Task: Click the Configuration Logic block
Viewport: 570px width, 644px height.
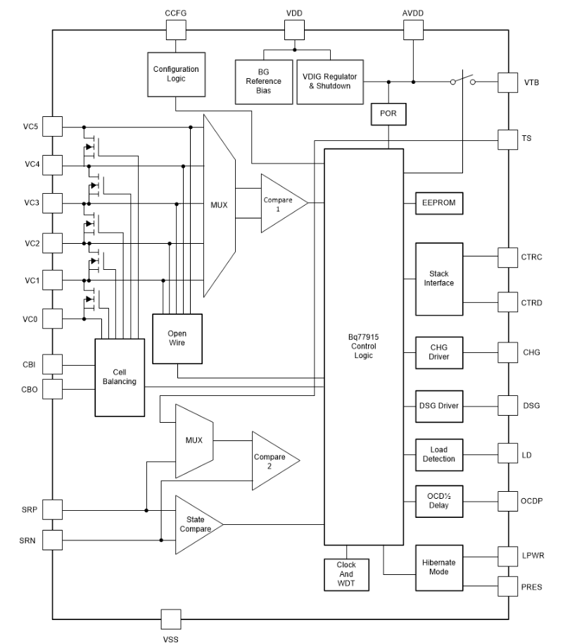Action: pyautogui.click(x=176, y=75)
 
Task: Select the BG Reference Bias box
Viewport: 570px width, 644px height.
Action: pyautogui.click(x=264, y=82)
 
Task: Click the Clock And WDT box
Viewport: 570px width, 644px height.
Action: pyautogui.click(x=347, y=574)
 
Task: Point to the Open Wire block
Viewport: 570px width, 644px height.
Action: pyautogui.click(x=177, y=338)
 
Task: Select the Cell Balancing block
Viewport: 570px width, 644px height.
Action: pyautogui.click(x=120, y=376)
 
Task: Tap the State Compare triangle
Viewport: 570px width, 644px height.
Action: pyautogui.click(x=196, y=524)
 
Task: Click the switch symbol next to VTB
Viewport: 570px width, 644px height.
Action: pyautogui.click(x=462, y=79)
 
